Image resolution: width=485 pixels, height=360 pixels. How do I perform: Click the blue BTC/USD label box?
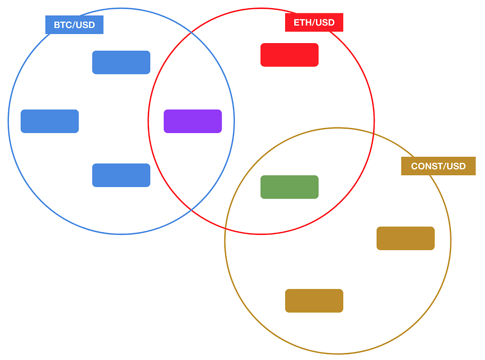pos(74,25)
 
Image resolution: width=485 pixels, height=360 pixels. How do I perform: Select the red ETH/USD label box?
pos(314,22)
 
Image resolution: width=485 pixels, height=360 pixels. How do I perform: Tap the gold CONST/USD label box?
pos(438,166)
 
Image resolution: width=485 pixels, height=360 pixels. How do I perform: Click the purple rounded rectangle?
pos(193,121)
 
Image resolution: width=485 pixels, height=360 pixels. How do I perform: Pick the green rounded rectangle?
pos(289,187)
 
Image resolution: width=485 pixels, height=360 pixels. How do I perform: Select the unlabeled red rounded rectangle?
pos(289,55)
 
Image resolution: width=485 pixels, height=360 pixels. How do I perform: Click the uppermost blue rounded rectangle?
pos(121,63)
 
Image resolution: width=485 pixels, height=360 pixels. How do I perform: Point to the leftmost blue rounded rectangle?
pos(50,121)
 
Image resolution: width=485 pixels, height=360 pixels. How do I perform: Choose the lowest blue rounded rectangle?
pos(121,175)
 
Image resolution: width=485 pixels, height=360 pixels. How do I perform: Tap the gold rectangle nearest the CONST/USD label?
pos(405,238)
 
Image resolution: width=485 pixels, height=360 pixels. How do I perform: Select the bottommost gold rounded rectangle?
pos(314,301)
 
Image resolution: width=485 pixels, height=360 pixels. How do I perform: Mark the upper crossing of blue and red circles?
pos(191,32)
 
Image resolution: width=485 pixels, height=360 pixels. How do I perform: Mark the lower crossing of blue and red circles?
pos(191,210)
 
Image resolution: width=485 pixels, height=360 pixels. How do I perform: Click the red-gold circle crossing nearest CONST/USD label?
pos(374,134)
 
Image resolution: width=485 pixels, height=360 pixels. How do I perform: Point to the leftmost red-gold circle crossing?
pos(225,229)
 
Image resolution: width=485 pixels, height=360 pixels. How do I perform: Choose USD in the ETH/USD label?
pos(325,22)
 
